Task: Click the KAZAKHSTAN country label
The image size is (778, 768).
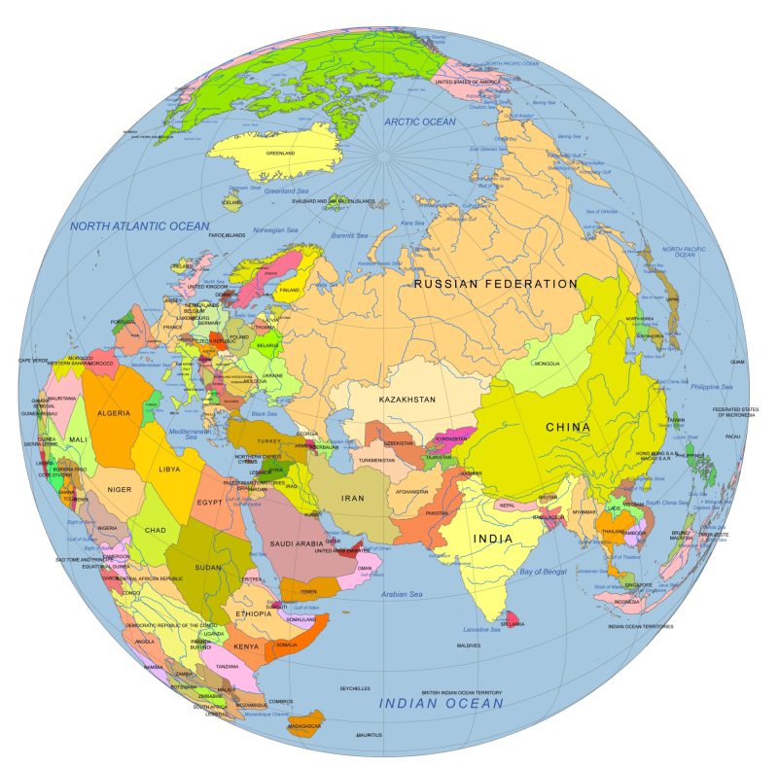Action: click(407, 400)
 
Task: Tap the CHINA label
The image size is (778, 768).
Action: click(568, 427)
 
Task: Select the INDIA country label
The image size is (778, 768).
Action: click(493, 538)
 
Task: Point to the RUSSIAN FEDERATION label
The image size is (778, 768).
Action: click(496, 284)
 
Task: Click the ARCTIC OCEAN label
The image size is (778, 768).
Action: click(419, 122)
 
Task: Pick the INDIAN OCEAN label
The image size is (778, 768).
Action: click(441, 702)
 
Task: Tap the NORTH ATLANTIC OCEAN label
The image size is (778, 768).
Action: click(139, 226)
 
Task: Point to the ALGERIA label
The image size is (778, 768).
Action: click(113, 413)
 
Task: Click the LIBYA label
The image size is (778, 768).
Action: click(169, 470)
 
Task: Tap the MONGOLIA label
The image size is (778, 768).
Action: click(548, 364)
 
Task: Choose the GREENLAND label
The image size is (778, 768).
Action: click(281, 153)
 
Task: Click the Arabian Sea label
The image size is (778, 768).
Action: click(402, 594)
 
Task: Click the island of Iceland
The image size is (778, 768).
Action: click(230, 202)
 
